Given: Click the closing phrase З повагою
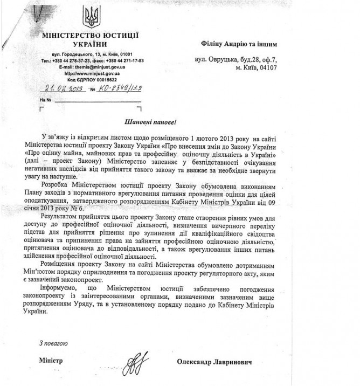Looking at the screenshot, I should (x=53, y=343).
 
